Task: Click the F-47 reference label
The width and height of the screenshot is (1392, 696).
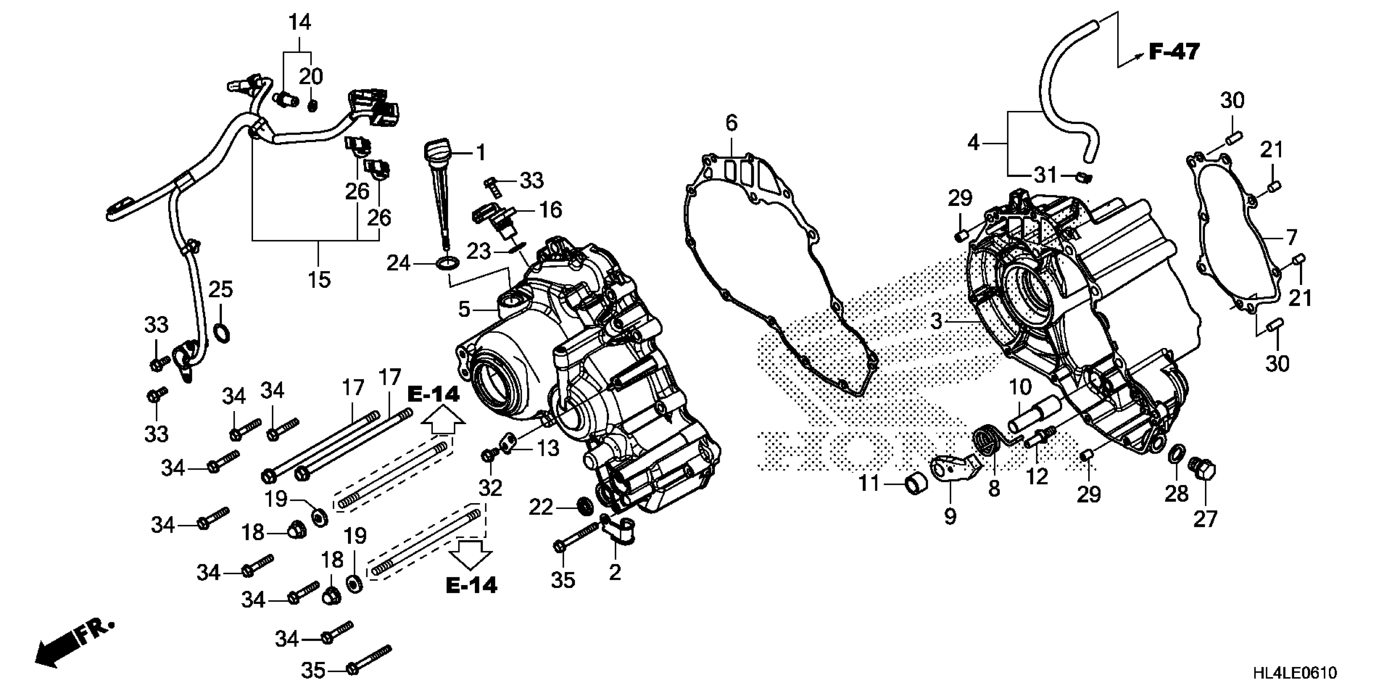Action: tap(1174, 52)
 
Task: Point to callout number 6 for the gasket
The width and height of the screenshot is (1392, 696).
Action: tap(731, 124)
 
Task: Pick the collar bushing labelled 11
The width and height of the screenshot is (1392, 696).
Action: tap(917, 484)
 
